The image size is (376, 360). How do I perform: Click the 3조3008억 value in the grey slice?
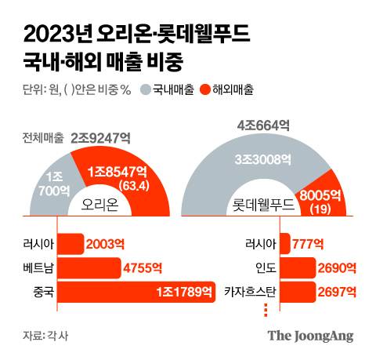264,159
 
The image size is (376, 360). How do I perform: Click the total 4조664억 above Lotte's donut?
262,124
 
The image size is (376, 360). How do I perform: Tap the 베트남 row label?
39,269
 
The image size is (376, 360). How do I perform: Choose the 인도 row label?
258,269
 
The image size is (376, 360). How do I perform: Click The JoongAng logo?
310,336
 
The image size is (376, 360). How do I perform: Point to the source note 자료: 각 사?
45,336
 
